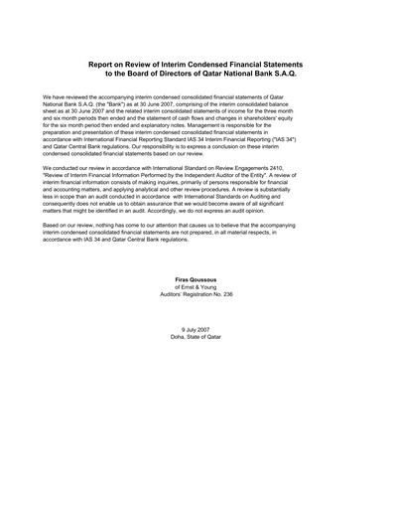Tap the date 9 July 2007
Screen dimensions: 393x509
pos(196,356)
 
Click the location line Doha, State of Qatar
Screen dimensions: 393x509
pos(196,364)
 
